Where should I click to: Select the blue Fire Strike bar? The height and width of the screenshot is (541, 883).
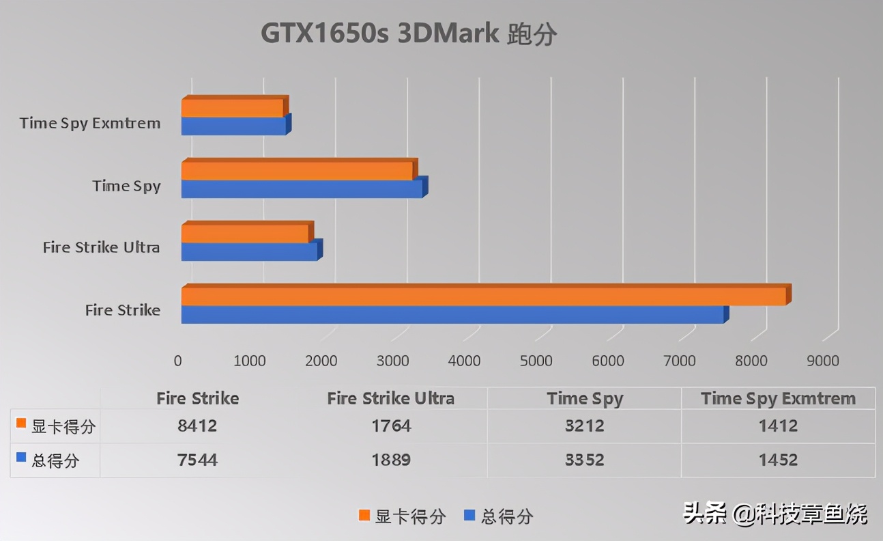452,314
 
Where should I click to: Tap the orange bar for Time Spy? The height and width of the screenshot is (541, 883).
297,171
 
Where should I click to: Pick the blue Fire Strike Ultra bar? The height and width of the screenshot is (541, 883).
249,251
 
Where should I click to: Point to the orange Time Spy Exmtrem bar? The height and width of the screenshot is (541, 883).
232,108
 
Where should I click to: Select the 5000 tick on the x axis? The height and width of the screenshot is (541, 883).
536,361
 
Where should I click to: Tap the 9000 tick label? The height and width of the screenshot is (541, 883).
823,361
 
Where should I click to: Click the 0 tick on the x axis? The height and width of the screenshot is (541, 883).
178,361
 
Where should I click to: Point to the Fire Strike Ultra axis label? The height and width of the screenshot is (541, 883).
102,247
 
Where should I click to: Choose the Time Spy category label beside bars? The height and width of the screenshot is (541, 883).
127,186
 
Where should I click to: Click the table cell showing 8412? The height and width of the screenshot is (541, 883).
197,426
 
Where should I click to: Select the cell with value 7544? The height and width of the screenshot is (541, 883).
197,460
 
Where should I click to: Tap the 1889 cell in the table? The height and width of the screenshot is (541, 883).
391,460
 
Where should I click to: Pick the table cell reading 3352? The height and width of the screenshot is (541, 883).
585,460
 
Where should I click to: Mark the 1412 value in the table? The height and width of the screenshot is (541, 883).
778,426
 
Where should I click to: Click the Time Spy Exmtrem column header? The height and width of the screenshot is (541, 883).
778,398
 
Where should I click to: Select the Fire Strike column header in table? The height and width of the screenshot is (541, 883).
197,398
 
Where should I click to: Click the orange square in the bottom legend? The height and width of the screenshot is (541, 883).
364,515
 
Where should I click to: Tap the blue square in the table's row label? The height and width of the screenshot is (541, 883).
20,458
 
